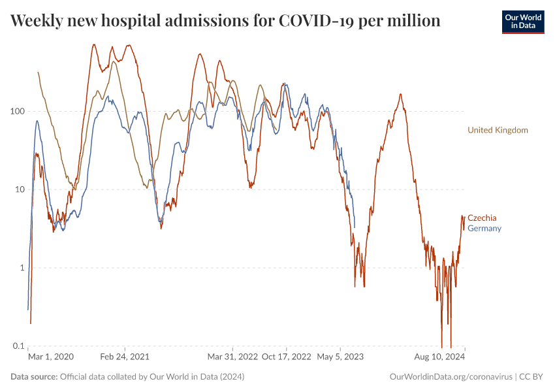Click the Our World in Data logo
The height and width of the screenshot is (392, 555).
click(x=522, y=22)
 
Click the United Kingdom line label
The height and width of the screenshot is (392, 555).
click(x=498, y=130)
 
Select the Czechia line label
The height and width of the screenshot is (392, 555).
click(x=482, y=218)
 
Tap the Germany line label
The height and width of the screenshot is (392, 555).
click(x=484, y=228)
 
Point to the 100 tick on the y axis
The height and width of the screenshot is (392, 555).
click(x=16, y=111)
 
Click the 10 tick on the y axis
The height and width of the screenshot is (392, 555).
click(x=18, y=189)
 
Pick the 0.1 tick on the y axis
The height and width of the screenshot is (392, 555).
click(x=17, y=346)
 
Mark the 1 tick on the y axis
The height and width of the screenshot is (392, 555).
click(x=21, y=268)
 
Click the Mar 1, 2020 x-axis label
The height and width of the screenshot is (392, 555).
click(x=51, y=357)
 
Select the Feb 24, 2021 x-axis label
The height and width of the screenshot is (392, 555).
click(x=125, y=357)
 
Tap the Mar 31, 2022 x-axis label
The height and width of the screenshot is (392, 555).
click(x=232, y=357)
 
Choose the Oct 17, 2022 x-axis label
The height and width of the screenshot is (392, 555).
click(x=286, y=357)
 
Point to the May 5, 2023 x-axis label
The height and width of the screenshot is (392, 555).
click(x=340, y=357)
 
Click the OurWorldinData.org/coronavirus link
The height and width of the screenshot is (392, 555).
click(x=450, y=377)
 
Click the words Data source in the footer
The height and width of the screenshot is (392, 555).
click(x=34, y=377)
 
